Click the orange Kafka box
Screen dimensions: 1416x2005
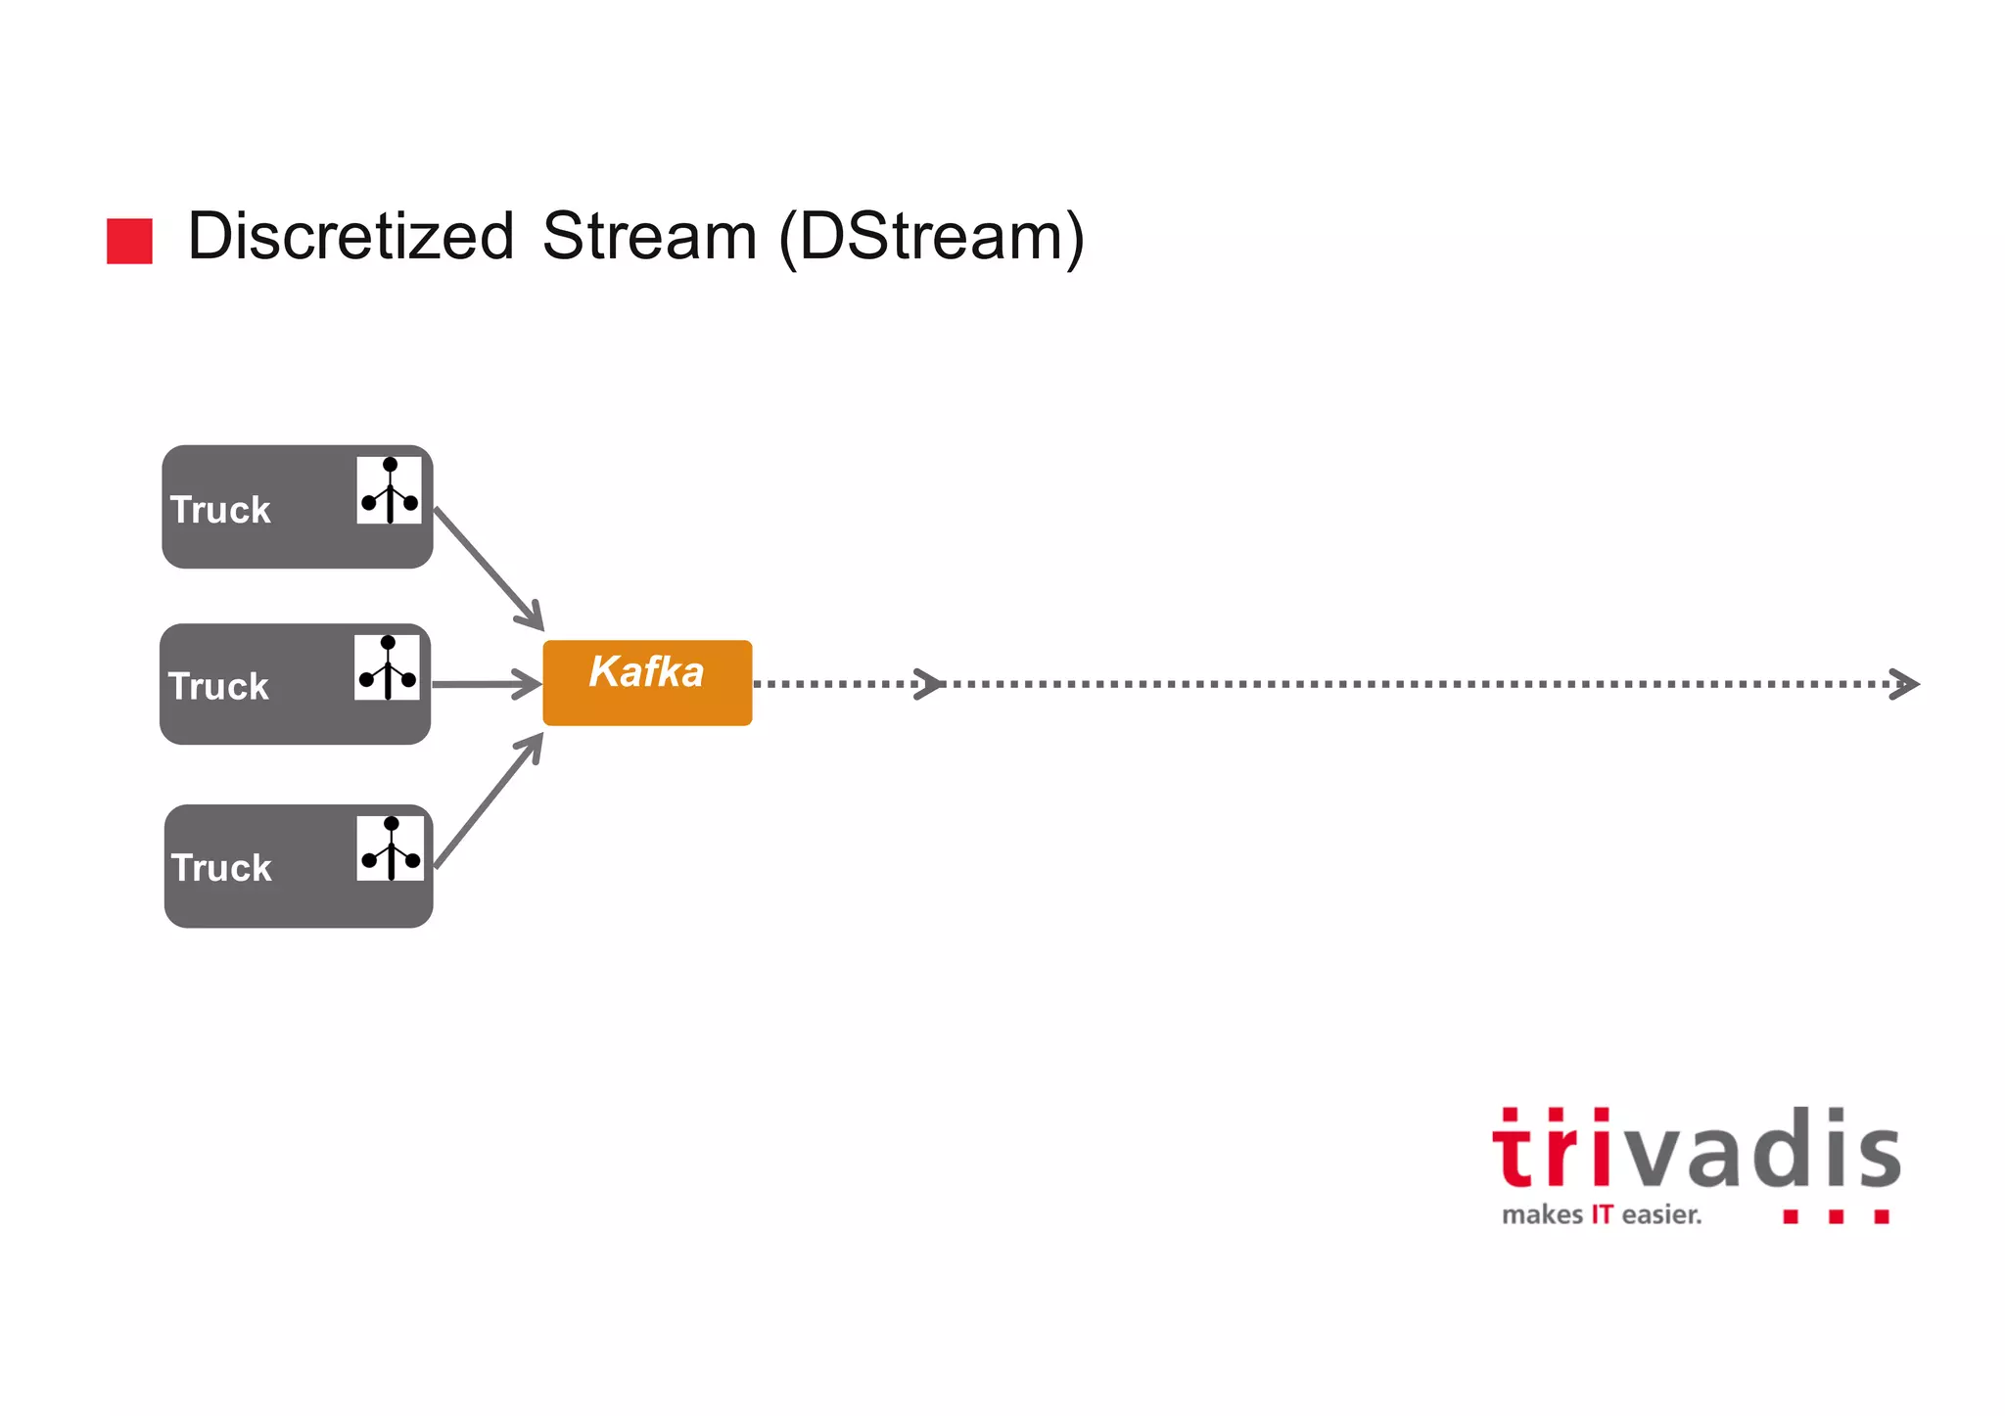[647, 683]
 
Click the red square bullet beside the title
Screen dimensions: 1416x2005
[129, 241]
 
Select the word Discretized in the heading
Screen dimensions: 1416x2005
[350, 237]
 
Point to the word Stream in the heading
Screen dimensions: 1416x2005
[649, 237]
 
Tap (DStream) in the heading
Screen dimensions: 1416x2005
[931, 237]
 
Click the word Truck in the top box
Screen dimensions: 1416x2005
[220, 510]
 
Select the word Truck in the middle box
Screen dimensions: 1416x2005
[218, 687]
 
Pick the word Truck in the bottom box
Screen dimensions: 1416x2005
[221, 868]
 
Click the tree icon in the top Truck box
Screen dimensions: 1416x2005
[390, 490]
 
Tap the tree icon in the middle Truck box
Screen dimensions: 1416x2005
[388, 667]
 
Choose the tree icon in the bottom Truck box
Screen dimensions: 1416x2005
[391, 847]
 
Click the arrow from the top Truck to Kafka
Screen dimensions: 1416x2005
[489, 569]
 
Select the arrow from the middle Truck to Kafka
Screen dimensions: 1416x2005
[487, 684]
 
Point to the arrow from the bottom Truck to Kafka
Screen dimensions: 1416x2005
[489, 800]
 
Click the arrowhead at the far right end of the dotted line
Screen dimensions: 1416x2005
[1905, 684]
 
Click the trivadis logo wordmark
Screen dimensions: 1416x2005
[1696, 1150]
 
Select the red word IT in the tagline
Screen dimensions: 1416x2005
[1602, 1215]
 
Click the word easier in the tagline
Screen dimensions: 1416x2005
[1661, 1215]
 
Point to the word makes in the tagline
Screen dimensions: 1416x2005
[1542, 1215]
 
